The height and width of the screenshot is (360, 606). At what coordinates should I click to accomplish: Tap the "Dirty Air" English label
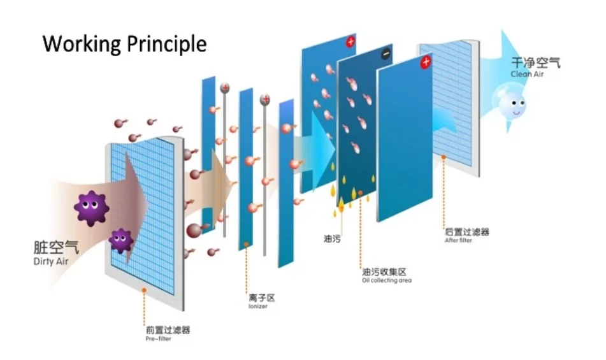50,262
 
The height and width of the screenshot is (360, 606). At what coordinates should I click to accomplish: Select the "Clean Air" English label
526,74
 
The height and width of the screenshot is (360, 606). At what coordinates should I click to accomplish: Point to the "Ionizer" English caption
257,306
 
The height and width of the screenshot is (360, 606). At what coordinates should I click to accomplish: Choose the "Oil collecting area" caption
387,280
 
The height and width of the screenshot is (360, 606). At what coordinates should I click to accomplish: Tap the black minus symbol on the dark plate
386,55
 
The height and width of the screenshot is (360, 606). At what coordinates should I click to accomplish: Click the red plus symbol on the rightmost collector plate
426,62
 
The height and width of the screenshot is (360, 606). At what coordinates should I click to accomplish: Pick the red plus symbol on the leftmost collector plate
350,43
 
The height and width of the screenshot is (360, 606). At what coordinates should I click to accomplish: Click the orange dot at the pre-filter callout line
144,290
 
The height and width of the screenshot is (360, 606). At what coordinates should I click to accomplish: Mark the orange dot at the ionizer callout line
247,244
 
